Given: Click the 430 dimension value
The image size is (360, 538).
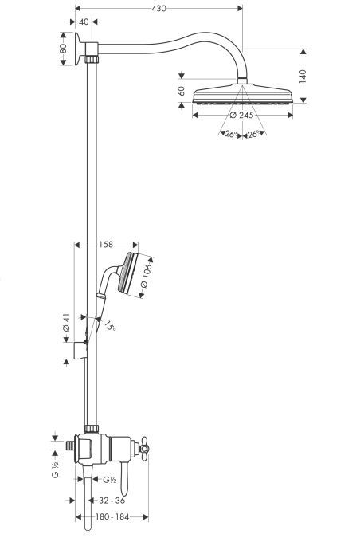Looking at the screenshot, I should (160, 9).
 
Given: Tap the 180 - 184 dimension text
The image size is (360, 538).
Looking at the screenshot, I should (112, 516).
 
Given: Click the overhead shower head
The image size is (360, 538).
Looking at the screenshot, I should (238, 91).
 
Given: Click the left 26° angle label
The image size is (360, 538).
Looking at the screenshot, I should (229, 133).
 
